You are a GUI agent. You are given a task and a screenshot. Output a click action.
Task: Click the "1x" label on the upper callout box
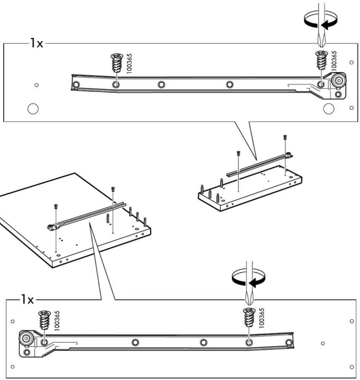pos(37,43)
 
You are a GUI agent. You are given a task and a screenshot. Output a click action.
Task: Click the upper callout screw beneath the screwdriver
pos(322,60)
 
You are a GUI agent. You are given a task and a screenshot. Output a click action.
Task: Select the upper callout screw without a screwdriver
pos(117,63)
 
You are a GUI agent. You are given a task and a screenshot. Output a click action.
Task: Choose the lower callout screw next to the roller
pos(45,320)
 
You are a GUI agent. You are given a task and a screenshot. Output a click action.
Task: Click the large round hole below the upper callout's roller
pos(328,108)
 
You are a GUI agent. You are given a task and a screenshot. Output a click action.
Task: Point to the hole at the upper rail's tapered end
pos(76,85)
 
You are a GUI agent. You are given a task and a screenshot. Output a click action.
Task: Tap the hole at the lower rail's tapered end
pos(289,342)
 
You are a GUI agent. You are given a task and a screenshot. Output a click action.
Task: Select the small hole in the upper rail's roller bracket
pos(338,94)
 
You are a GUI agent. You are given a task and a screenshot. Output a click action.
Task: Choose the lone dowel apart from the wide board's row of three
pos(108,218)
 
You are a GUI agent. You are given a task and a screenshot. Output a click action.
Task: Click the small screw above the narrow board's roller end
pos(285,137)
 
